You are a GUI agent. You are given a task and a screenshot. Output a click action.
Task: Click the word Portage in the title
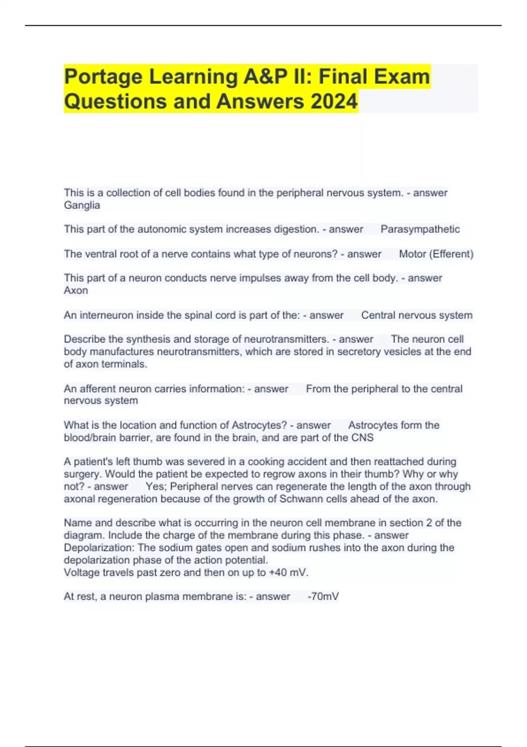103,77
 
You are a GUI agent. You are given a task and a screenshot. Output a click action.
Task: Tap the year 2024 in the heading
334,102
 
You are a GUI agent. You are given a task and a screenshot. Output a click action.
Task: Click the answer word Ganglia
82,205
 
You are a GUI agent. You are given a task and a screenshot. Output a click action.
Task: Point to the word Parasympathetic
420,229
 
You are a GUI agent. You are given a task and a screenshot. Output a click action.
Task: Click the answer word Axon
76,290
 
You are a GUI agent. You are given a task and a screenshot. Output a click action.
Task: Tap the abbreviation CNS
362,438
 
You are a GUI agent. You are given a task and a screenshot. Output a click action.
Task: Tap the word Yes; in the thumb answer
156,487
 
